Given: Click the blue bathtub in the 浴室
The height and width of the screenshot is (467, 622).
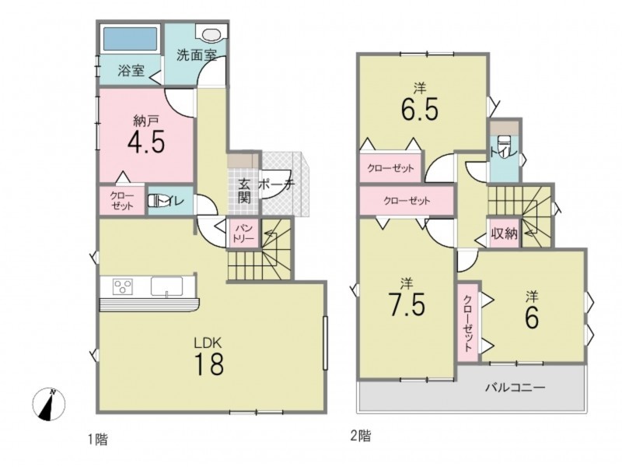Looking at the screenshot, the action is pyautogui.click(x=130, y=38).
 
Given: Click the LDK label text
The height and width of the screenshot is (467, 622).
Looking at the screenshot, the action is pyautogui.click(x=209, y=342).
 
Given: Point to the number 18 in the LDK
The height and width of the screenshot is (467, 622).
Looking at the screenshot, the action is pyautogui.click(x=209, y=364).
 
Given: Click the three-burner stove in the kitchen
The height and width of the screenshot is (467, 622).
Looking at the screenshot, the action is pyautogui.click(x=123, y=286).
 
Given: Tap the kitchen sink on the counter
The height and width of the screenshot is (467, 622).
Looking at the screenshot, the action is pyautogui.click(x=166, y=286).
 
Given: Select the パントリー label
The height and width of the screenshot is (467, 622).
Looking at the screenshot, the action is pyautogui.click(x=243, y=234).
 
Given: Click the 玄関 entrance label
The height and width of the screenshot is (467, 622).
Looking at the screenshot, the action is pyautogui.click(x=244, y=191).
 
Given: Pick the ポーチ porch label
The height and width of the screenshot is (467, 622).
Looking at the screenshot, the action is pyautogui.click(x=277, y=184).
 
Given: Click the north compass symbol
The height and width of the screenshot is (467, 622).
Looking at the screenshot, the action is pyautogui.click(x=49, y=404).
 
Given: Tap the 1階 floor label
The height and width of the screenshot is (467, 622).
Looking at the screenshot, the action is pyautogui.click(x=98, y=440).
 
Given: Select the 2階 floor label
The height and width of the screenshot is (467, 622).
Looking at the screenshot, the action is pyautogui.click(x=361, y=437).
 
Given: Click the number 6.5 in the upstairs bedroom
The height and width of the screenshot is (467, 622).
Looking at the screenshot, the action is pyautogui.click(x=420, y=108).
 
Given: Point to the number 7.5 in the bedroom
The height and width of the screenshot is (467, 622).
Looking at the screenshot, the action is pyautogui.click(x=407, y=304).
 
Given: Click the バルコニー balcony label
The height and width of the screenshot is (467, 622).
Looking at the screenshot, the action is pyautogui.click(x=515, y=387).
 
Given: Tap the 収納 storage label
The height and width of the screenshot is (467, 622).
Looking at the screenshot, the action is pyautogui.click(x=505, y=233).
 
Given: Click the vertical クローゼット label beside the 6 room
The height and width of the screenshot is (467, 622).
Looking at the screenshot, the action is pyautogui.click(x=468, y=322).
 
